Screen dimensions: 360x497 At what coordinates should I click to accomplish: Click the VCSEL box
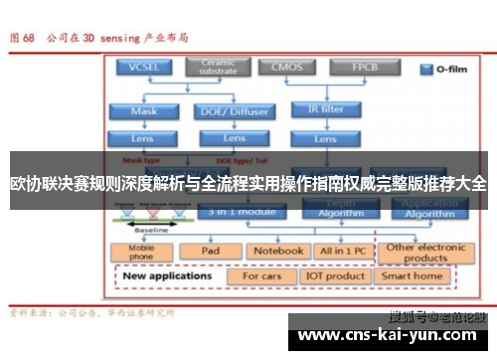[x=144, y=68]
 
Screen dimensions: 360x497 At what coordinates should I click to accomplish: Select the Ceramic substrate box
[x=219, y=68]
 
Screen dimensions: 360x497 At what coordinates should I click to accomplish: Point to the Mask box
[x=144, y=111]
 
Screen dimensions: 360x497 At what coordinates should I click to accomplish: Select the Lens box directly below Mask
[x=144, y=138]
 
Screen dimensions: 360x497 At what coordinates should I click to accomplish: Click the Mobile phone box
[x=141, y=253]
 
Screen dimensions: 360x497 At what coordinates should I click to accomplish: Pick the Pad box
[x=210, y=252]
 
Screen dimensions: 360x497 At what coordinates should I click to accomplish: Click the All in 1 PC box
[x=340, y=252]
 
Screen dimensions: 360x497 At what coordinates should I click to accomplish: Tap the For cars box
[x=262, y=275]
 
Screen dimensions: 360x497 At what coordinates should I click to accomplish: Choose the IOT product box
[x=335, y=275]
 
